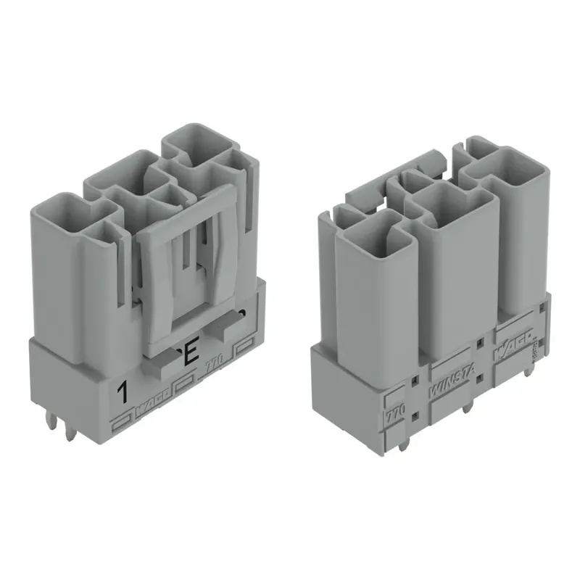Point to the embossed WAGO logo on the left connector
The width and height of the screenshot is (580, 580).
pos(153,410)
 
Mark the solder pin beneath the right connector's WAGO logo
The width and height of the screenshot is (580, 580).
pos(530,368)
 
